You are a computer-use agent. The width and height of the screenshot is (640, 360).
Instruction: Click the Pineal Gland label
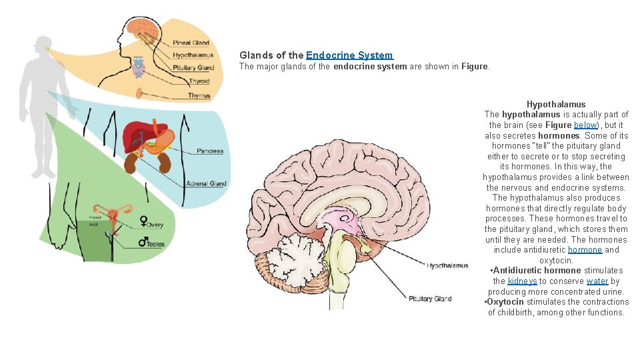191,43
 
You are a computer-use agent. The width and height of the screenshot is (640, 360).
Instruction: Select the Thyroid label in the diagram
199,81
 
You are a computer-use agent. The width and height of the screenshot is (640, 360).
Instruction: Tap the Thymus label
199,95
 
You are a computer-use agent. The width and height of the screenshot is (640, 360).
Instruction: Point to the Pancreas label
210,151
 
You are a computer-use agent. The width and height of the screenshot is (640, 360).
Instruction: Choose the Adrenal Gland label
206,183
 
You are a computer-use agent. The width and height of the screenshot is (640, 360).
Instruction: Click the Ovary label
155,225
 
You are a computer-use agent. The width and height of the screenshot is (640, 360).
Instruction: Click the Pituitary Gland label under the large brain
430,299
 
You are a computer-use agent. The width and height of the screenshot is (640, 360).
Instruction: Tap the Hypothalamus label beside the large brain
447,266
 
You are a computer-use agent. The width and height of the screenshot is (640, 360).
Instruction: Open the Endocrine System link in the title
349,55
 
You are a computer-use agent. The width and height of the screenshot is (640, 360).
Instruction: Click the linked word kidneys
522,281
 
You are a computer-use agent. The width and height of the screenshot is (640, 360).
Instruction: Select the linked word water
597,281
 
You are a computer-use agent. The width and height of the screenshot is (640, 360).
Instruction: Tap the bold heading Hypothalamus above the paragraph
556,104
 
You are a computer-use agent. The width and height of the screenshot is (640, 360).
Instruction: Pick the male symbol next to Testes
143,241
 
